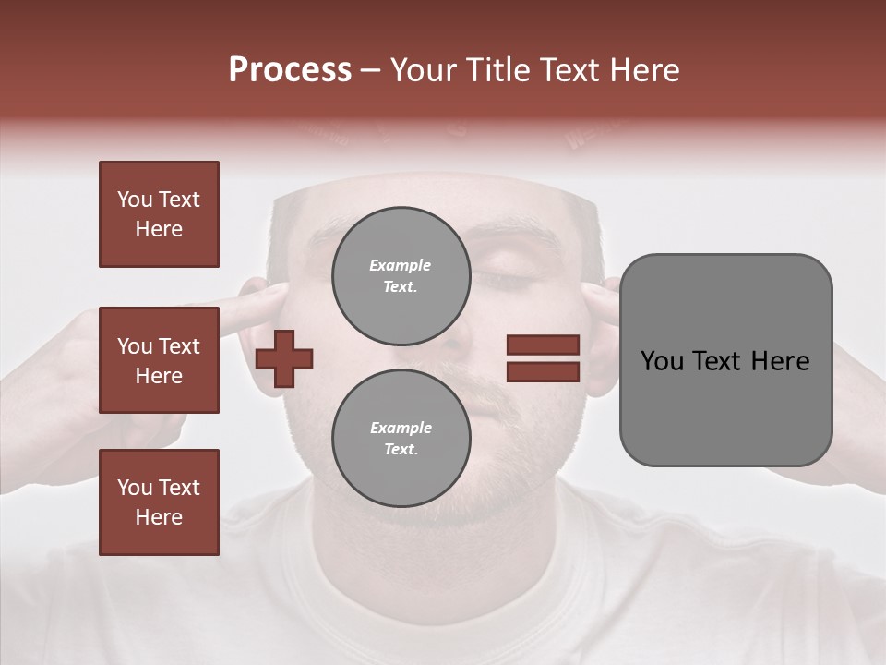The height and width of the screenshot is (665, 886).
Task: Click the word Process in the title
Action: (x=290, y=70)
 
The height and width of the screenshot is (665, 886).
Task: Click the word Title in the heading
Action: (x=496, y=70)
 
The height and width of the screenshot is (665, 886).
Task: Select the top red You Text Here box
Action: (x=159, y=214)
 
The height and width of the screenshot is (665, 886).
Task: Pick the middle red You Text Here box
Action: (x=159, y=360)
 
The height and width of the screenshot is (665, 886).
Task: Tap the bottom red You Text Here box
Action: (x=159, y=502)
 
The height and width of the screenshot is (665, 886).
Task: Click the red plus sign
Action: (x=284, y=357)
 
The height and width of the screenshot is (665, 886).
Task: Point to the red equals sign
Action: (x=543, y=358)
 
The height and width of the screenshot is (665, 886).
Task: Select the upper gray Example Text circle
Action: (x=401, y=275)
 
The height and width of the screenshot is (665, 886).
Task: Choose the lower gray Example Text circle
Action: (x=401, y=438)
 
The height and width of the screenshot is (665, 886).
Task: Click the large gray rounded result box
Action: (x=725, y=359)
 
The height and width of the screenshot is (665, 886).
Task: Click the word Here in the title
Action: (x=644, y=70)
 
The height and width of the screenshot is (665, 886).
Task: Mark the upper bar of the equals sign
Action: (x=543, y=345)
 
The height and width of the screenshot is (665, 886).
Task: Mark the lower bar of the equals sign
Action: (x=543, y=372)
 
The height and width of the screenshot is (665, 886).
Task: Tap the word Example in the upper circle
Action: (x=401, y=265)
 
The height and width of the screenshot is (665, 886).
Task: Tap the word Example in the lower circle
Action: (x=401, y=428)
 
